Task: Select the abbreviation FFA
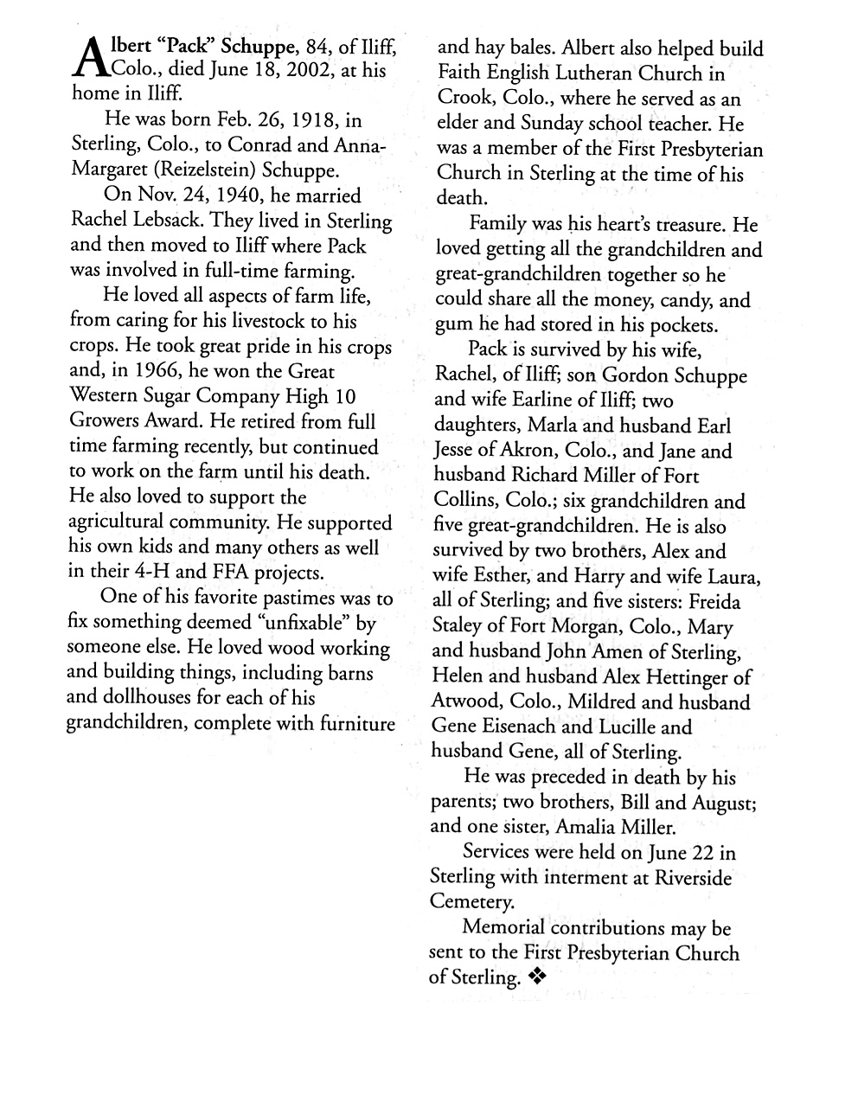click(215, 573)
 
